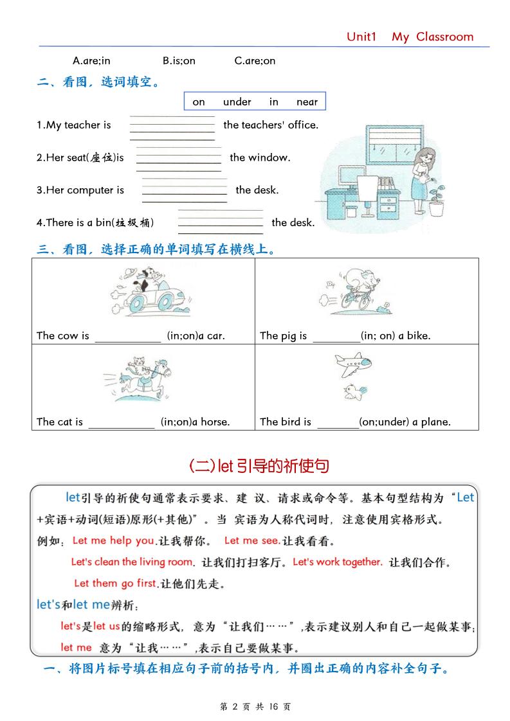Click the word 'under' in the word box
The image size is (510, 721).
[237, 102]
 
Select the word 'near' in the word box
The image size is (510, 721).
[307, 102]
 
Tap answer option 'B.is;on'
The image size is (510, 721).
[179, 60]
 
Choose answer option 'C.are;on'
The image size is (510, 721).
[255, 60]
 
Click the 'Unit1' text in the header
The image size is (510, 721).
[361, 37]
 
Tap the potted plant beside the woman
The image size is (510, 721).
[437, 199]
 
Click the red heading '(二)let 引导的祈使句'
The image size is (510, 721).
[259, 466]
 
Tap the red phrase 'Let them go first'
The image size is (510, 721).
[116, 583]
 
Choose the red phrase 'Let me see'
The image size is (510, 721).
[251, 540]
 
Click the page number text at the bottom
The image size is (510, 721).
[255, 706]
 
